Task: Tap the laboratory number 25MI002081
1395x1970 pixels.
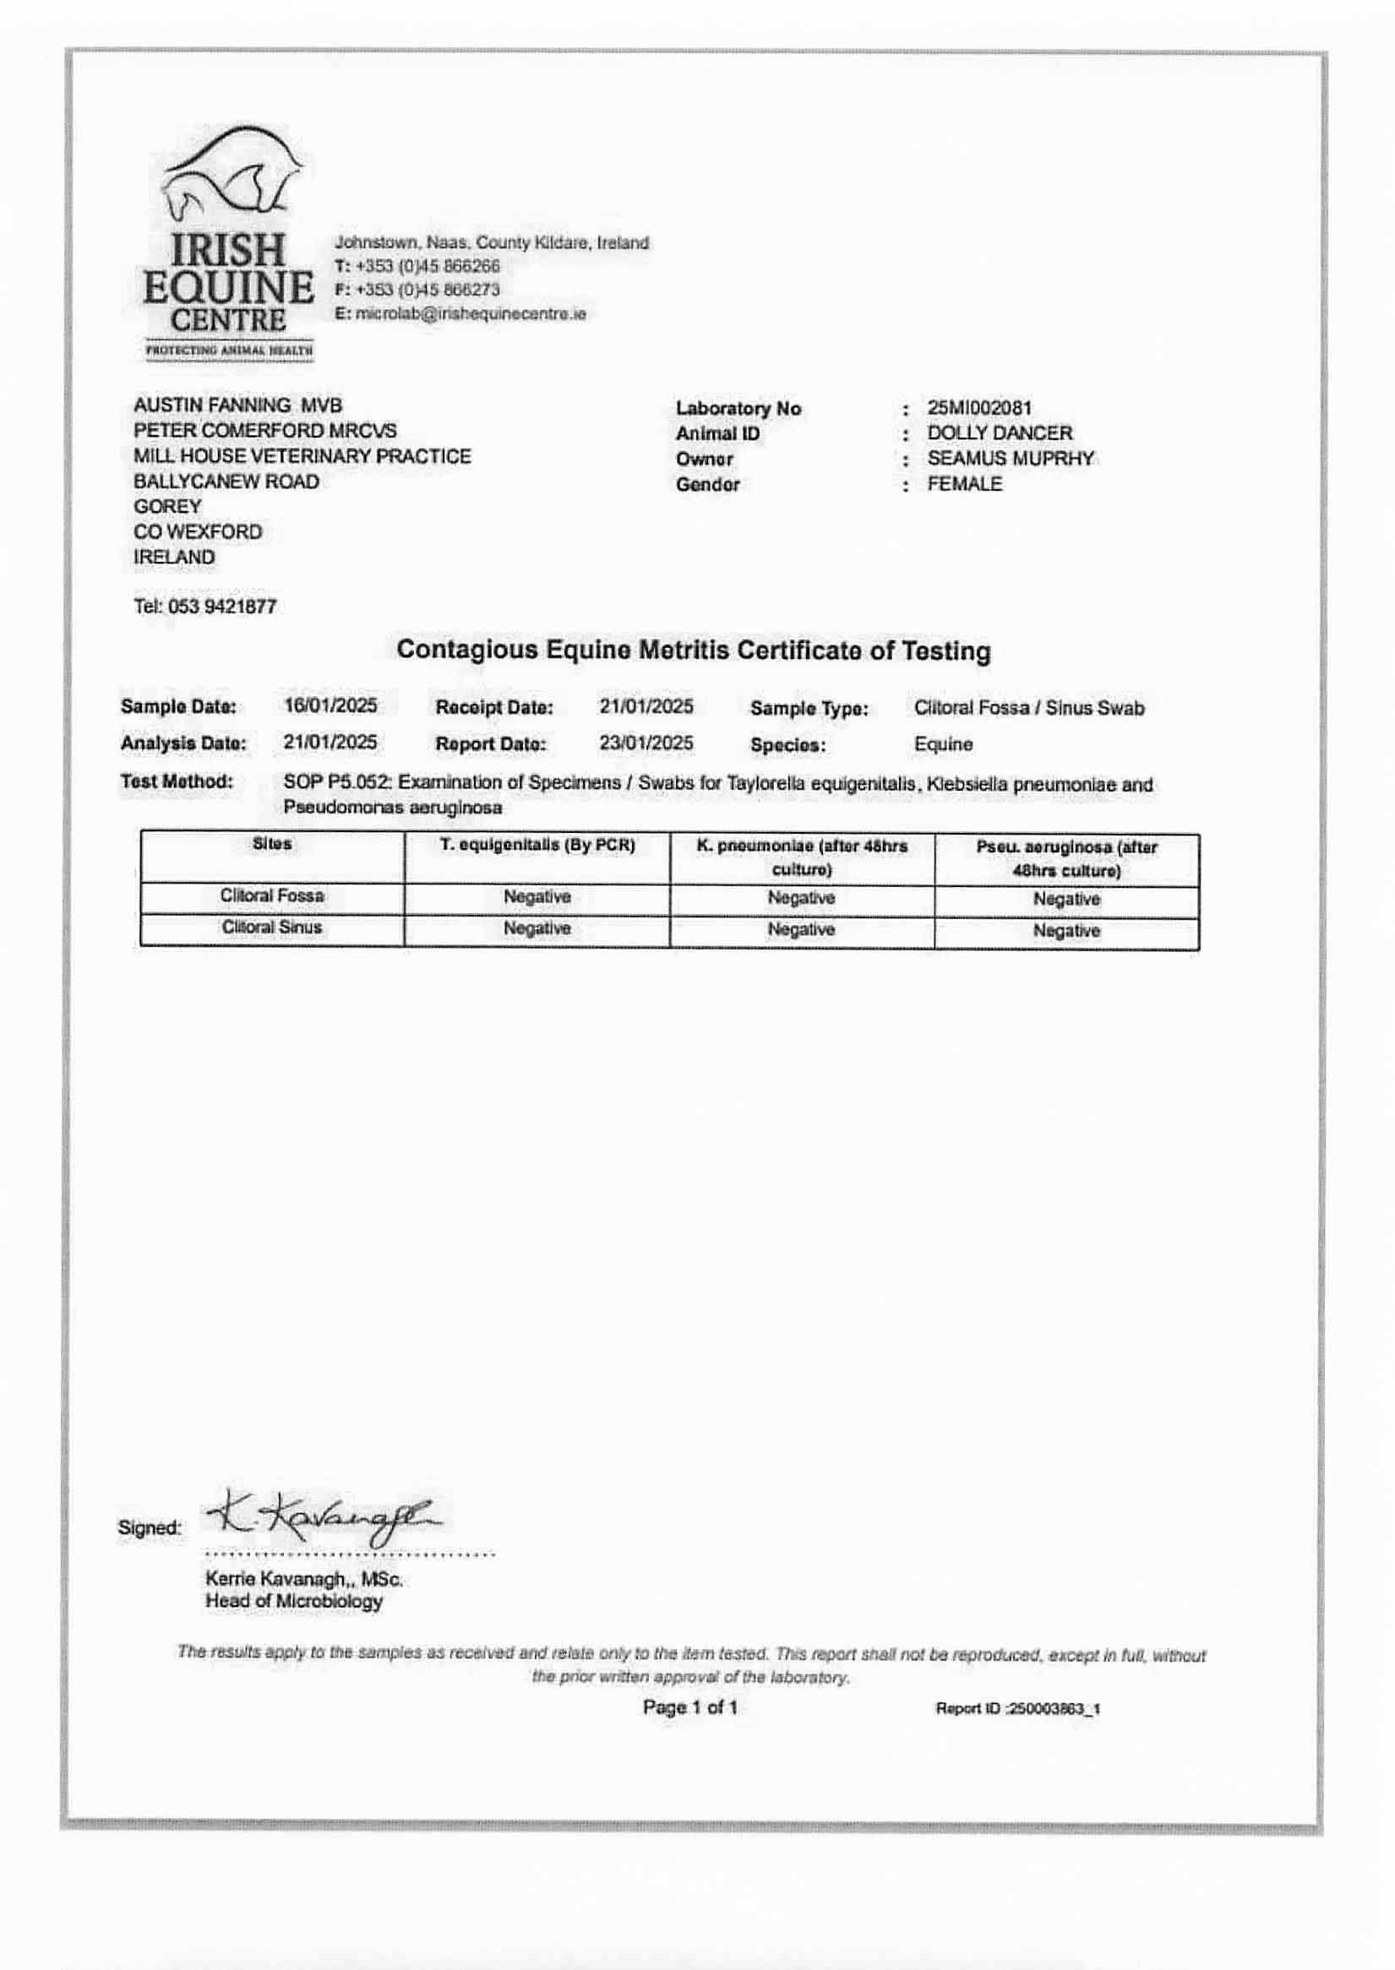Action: [x=979, y=408]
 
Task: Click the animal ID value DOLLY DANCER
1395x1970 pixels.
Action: [x=1000, y=433]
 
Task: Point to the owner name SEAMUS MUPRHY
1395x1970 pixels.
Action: [x=1011, y=459]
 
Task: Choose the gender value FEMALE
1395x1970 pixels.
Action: [x=965, y=484]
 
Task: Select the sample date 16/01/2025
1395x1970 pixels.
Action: [x=330, y=706]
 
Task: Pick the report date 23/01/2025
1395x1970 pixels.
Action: [x=646, y=743]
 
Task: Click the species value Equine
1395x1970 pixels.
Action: [x=943, y=744]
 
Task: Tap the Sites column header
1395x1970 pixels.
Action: [x=272, y=844]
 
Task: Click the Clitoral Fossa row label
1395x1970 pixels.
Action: [x=272, y=895]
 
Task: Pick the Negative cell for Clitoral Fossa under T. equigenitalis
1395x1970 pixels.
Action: [x=537, y=897]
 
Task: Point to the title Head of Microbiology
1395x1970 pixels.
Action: [x=294, y=1602]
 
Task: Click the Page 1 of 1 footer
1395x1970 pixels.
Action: [x=689, y=1707]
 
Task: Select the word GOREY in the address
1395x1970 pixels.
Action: [x=167, y=507]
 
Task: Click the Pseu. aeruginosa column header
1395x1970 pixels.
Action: [x=1067, y=859]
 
